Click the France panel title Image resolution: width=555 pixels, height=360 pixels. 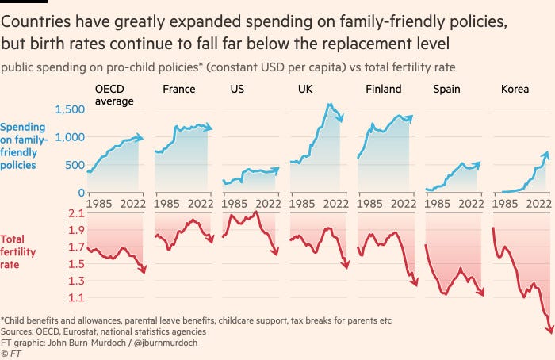(178, 90)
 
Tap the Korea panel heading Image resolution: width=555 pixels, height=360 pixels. (515, 90)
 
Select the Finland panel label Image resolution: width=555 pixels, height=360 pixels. (383, 90)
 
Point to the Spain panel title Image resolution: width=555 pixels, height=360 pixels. (446, 90)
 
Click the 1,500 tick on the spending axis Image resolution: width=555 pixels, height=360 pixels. (70, 109)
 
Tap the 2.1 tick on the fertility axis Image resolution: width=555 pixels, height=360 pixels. (76, 213)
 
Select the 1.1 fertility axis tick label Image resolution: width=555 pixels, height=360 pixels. (76, 298)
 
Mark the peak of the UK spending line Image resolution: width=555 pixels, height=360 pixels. (327, 104)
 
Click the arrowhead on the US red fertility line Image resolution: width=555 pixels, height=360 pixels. (277, 252)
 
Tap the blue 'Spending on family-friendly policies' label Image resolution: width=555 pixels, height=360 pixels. (24, 146)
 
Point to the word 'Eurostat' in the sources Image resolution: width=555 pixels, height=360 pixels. (83, 331)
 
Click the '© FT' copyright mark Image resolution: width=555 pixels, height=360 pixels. (12, 353)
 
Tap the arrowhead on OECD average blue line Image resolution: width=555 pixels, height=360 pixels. (141, 137)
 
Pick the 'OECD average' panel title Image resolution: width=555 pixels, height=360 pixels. (114, 95)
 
